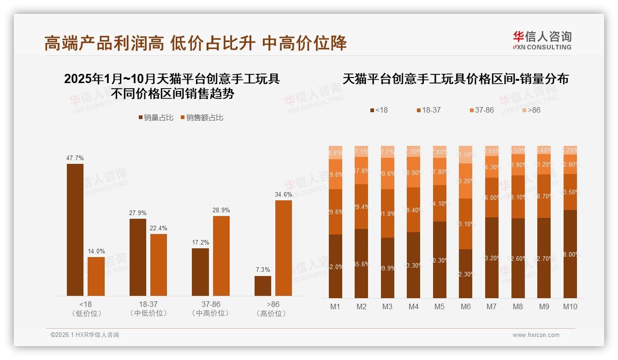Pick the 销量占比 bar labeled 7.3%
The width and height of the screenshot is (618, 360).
[x=263, y=286]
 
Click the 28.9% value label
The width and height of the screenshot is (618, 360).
[x=221, y=210]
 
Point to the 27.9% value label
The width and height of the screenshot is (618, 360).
[x=138, y=213]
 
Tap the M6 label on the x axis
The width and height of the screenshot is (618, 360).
[x=466, y=306]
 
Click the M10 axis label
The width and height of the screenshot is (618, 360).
[x=570, y=306]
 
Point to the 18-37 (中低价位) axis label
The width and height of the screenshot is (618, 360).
[x=148, y=309]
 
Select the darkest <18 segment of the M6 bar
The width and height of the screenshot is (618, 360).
[x=466, y=273]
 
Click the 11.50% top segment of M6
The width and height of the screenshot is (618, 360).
[x=466, y=155]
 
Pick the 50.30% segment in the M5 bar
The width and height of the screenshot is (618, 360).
[x=440, y=259]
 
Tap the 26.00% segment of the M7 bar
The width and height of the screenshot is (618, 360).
[x=492, y=198]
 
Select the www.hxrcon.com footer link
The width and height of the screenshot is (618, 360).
[x=536, y=335]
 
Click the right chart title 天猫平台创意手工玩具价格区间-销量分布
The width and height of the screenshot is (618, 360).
[x=455, y=79]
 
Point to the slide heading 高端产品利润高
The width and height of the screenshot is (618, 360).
[x=104, y=43]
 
